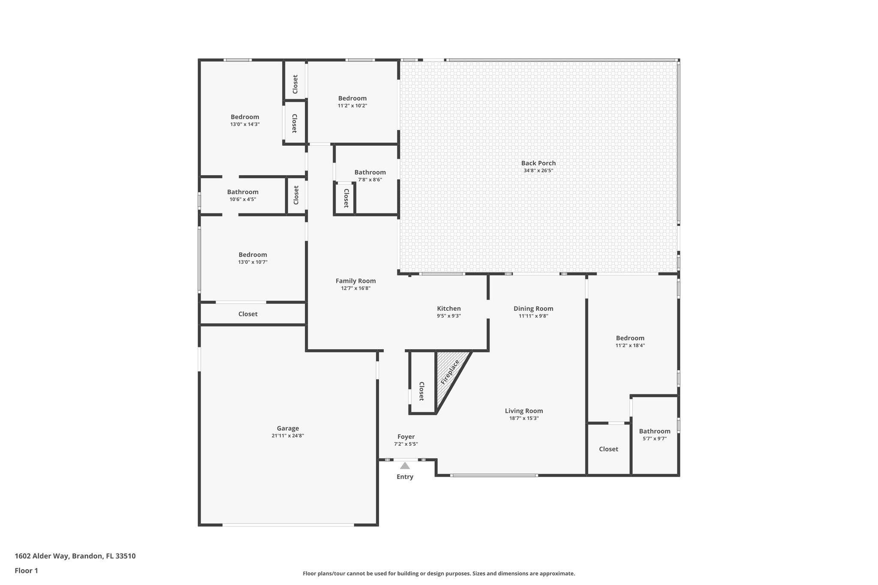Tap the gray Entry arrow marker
click(x=405, y=466)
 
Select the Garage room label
click(x=288, y=428)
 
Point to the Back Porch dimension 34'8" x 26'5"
click(x=538, y=171)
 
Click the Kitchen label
click(x=449, y=309)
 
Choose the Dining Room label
click(x=533, y=309)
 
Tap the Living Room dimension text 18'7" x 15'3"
click(x=524, y=418)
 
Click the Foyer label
click(x=406, y=437)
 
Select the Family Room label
click(x=355, y=281)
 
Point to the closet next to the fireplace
click(x=422, y=391)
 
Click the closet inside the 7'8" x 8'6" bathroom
click(x=346, y=198)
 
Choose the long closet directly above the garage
click(x=248, y=314)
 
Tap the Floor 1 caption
click(x=26, y=571)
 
